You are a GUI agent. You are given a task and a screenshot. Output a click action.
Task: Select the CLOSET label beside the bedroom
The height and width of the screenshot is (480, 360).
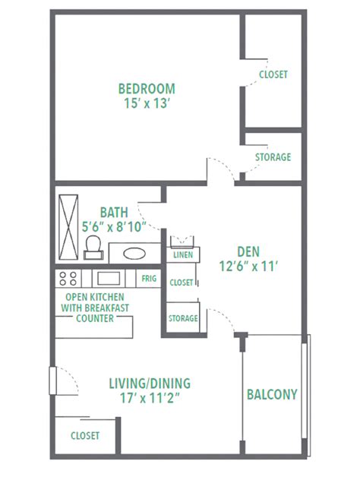pos(273,74)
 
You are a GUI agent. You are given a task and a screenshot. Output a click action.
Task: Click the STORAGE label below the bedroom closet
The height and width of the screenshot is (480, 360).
pos(273,157)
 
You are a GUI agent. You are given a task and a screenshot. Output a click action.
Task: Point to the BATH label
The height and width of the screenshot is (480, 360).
pos(114,212)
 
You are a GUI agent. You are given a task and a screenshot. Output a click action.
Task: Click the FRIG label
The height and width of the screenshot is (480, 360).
pos(149,279)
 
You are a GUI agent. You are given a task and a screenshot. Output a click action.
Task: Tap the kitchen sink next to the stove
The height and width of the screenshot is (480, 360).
pos(107,278)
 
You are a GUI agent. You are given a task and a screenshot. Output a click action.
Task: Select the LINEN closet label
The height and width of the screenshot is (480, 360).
pos(183,255)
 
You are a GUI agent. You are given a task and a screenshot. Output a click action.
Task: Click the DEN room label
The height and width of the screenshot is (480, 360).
pos(248,251)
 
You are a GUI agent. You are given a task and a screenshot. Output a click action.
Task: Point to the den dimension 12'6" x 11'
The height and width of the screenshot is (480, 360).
pos(248,266)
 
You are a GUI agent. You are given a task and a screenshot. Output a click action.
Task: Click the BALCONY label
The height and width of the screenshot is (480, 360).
pos(271,395)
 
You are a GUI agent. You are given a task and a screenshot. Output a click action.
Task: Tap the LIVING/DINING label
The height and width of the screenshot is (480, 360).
pos(149,383)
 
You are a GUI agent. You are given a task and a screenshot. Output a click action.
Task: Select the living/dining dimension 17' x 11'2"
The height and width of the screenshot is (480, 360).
pos(149,397)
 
